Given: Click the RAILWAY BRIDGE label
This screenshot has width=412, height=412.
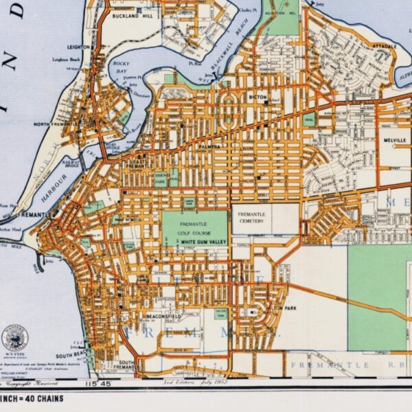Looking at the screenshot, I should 71,164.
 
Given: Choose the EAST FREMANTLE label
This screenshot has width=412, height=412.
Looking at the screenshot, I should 135,163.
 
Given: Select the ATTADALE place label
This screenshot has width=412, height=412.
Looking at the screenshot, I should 385,45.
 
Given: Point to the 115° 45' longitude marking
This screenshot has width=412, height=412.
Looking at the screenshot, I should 91,383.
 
